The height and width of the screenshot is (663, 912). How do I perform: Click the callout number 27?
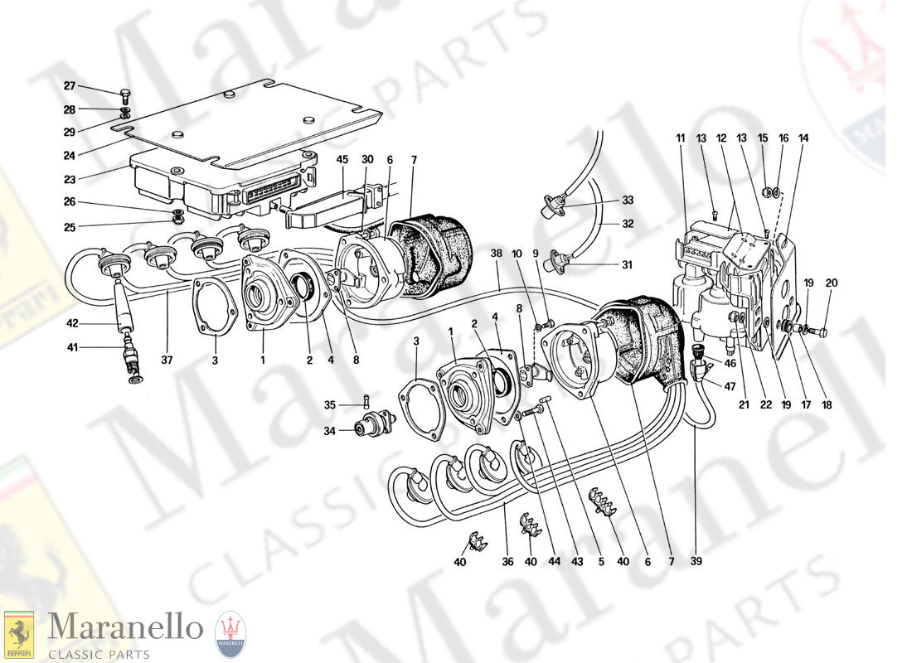click(x=69, y=85)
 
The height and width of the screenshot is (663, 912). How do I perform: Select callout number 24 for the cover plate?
click(x=69, y=155)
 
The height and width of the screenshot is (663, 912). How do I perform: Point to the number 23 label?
click(x=69, y=179)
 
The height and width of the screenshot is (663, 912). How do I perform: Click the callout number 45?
click(x=342, y=160)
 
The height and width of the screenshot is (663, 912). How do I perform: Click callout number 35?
click(x=329, y=405)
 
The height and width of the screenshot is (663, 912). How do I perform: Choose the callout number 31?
click(x=626, y=265)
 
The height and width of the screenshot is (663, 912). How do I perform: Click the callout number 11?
click(x=681, y=138)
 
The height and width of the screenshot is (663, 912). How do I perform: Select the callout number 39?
click(x=696, y=562)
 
